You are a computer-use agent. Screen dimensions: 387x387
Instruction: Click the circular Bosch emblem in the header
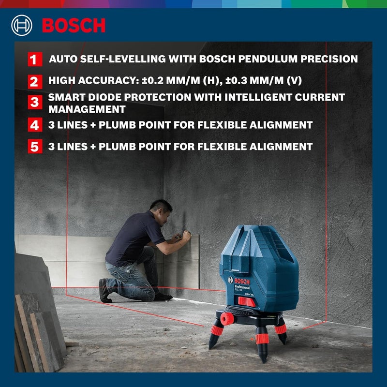click(x=22, y=25)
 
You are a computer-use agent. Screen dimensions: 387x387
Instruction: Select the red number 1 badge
click(x=33, y=60)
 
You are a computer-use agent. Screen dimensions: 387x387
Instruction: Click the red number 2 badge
click(x=33, y=81)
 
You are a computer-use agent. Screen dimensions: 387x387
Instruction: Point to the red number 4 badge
click(x=33, y=125)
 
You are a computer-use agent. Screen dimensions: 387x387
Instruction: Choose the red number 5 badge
click(x=33, y=147)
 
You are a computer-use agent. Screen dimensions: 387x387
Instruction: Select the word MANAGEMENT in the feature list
click(x=87, y=109)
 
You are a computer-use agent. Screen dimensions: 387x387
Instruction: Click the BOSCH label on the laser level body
click(x=242, y=282)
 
